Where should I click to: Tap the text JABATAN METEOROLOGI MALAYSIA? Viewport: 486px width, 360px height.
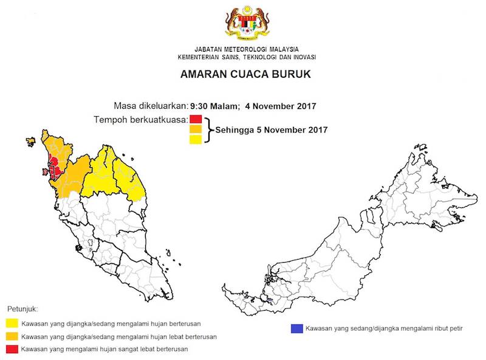point(246,49)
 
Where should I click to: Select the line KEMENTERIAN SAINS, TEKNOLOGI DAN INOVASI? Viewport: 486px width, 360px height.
point(246,57)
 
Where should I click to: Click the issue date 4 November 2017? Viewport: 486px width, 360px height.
point(280,105)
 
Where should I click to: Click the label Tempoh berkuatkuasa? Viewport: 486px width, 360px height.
point(140,119)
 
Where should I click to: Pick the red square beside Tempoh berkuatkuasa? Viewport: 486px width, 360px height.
point(196,119)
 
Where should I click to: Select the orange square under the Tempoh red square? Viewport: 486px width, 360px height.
point(196,129)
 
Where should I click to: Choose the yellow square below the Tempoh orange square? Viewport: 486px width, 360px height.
point(196,140)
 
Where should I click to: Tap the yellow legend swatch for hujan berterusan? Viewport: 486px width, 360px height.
point(12,324)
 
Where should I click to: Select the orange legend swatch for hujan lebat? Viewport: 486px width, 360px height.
point(12,336)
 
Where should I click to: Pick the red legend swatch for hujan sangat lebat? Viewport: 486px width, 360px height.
point(12,349)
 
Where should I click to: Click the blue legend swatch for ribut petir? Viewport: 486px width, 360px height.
point(297,328)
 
